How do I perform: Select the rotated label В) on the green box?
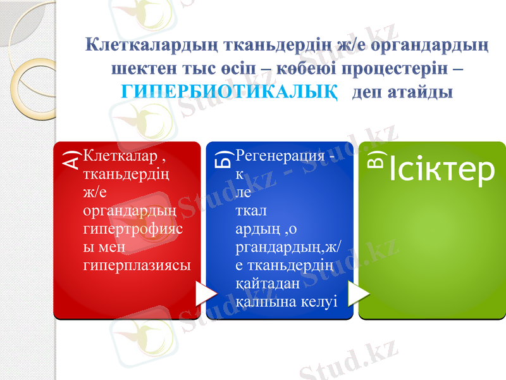pos(376,161)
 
